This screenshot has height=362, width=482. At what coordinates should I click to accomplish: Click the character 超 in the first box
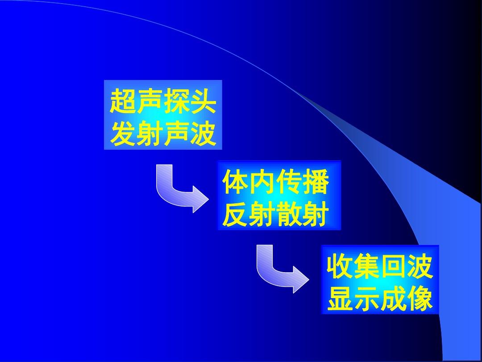click(123, 101)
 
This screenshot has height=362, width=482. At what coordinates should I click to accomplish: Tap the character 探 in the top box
click(176, 101)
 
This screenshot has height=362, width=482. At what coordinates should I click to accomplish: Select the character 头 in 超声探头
click(203, 101)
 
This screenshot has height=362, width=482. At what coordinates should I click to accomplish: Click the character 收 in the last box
click(340, 266)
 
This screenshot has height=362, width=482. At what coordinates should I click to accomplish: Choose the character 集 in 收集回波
click(366, 266)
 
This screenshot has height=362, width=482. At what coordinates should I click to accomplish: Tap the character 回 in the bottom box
click(394, 266)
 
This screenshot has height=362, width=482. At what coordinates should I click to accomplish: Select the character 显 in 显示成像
click(340, 299)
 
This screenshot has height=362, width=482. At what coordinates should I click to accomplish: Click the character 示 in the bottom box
click(366, 299)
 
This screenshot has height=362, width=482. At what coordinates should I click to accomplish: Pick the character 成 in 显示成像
click(394, 299)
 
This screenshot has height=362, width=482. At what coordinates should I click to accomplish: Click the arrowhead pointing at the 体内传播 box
click(201, 199)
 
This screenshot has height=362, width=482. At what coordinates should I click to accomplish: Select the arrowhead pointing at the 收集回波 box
click(301, 279)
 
